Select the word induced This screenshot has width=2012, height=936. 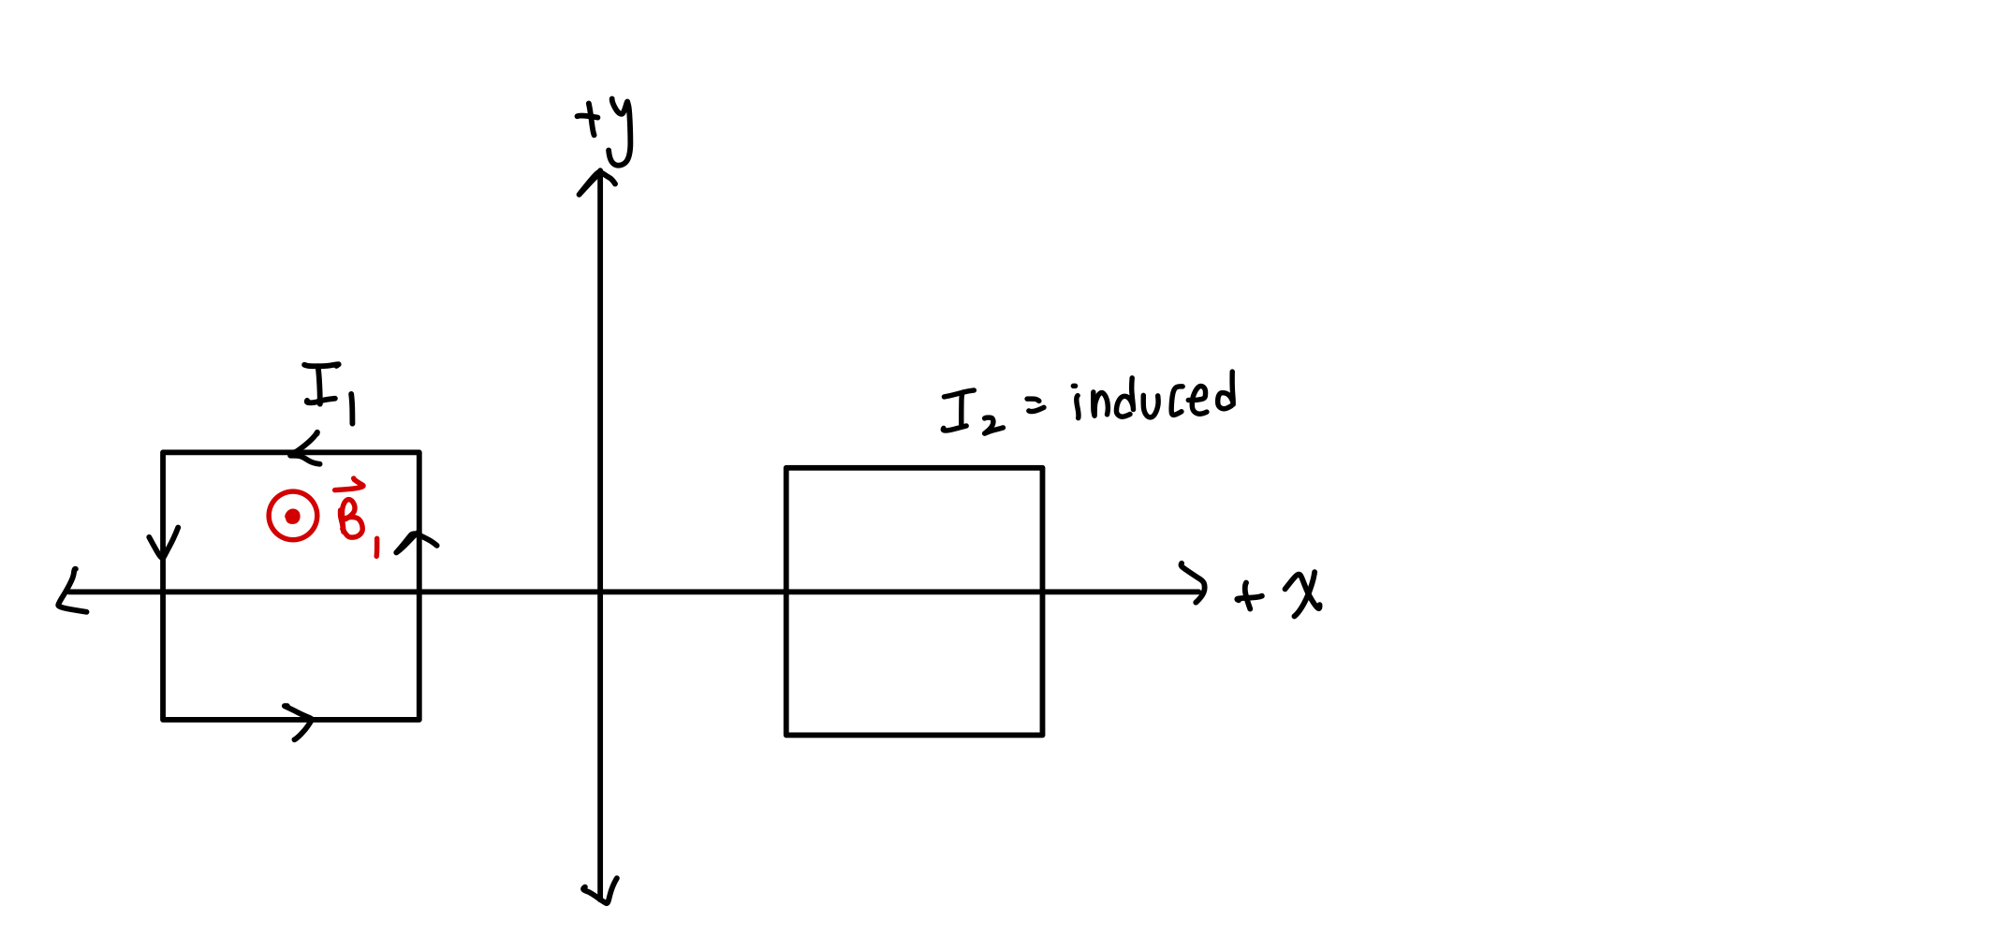[x=1154, y=398]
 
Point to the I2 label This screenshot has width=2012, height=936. [x=972, y=414]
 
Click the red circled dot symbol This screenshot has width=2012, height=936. [x=292, y=516]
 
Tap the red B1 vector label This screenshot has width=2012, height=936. [x=356, y=516]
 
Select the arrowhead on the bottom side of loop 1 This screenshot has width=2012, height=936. [x=301, y=720]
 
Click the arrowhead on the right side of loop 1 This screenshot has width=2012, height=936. [x=419, y=541]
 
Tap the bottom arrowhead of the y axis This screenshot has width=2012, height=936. [x=601, y=893]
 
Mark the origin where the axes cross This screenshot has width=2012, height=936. [x=600, y=592]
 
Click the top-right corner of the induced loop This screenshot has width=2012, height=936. [x=1042, y=468]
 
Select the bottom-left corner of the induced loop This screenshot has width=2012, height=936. [x=786, y=735]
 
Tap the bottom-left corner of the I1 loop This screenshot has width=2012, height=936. [x=163, y=719]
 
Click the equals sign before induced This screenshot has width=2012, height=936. [x=1035, y=404]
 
